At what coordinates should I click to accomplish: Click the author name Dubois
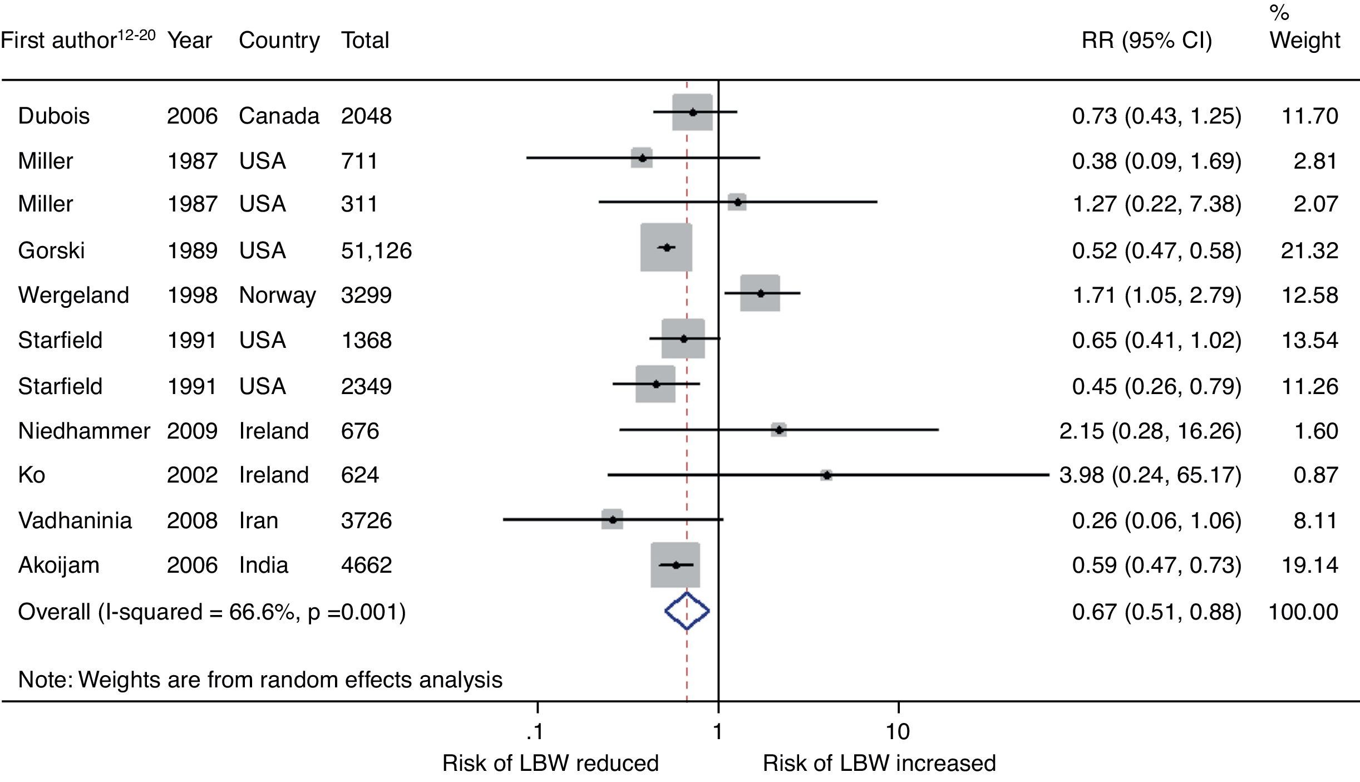(53, 116)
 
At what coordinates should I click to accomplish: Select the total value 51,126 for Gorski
(376, 250)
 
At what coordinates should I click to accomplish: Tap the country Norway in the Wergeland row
(277, 295)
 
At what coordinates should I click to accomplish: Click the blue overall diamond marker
(687, 611)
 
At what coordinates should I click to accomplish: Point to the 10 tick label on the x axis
(898, 731)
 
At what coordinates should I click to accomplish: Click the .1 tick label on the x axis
(535, 731)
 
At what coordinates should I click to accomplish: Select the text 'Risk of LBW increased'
(879, 763)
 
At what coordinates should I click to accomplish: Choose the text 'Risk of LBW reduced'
(550, 763)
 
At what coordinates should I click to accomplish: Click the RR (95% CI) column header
(1146, 40)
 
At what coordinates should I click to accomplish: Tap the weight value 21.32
(1309, 250)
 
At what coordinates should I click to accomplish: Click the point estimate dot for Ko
(827, 475)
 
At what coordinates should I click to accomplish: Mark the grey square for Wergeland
(760, 293)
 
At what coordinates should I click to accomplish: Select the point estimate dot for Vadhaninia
(613, 519)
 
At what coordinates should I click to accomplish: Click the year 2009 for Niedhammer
(192, 431)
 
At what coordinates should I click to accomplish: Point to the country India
(263, 565)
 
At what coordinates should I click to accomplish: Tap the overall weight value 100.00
(1303, 612)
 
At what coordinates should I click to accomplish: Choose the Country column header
(279, 40)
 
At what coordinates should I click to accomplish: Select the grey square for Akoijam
(675, 565)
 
